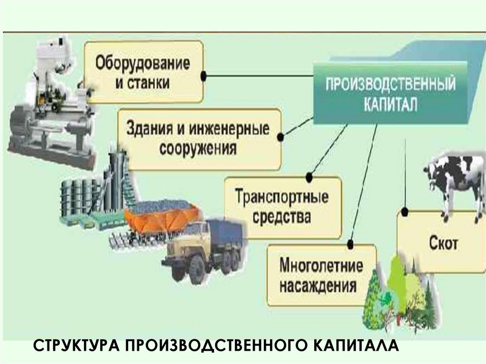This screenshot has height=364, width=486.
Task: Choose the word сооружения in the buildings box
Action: click(x=198, y=149)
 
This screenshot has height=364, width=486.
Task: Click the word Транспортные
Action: click(x=282, y=196)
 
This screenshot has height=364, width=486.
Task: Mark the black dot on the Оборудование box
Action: click(x=204, y=75)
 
